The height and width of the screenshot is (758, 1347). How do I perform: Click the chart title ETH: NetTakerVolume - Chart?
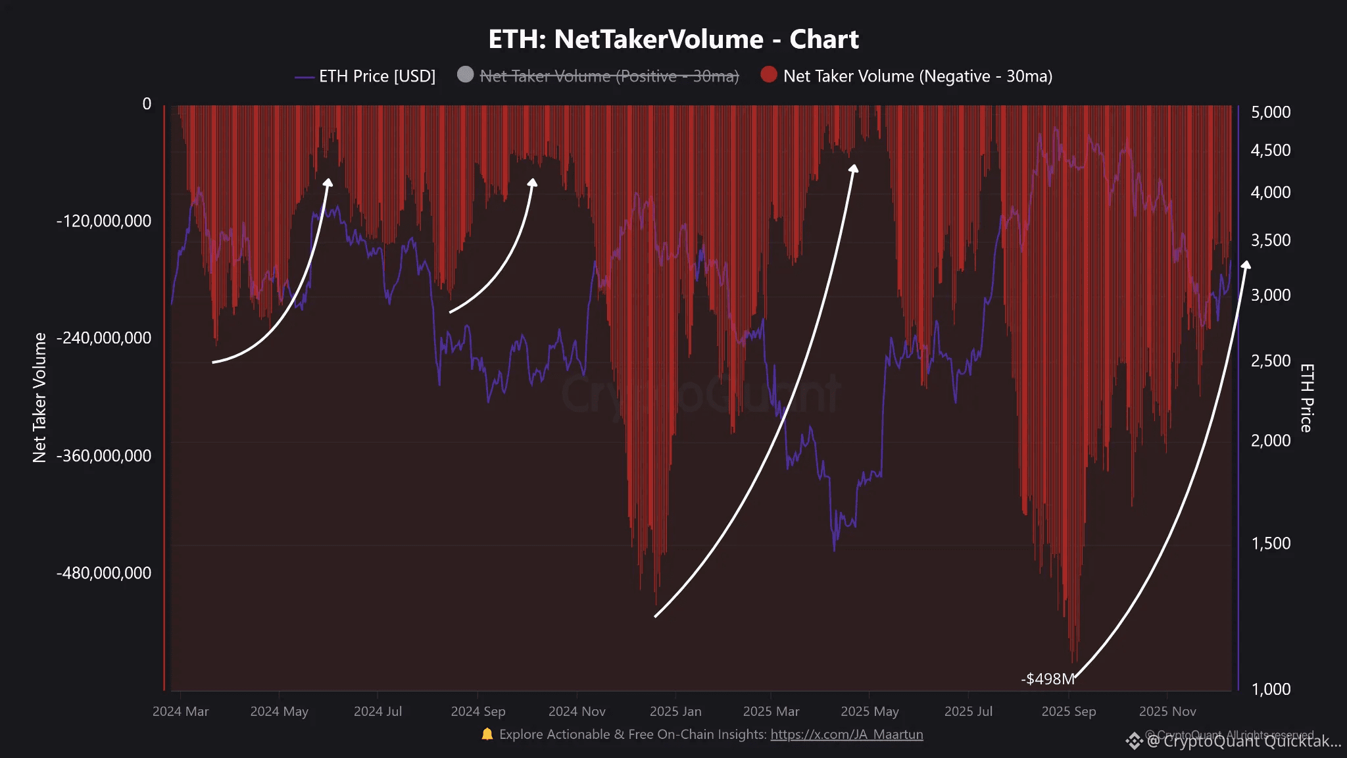tap(673, 39)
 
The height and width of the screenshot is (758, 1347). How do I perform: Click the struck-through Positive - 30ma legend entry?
tap(609, 76)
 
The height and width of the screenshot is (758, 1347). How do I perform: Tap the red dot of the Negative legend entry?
tap(768, 75)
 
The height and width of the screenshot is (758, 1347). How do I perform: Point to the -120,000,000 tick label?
tap(104, 221)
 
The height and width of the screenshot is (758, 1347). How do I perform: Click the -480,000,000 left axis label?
tap(104, 573)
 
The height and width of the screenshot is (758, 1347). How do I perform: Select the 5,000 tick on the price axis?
tap(1271, 113)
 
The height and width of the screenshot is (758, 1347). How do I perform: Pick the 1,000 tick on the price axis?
tap(1271, 689)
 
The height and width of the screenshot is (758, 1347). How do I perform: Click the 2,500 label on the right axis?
tap(1271, 361)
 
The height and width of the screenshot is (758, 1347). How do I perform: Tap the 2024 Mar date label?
tap(180, 711)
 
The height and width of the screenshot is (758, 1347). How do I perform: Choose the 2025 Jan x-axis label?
tap(675, 711)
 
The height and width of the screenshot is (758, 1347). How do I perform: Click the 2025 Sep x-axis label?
tap(1069, 711)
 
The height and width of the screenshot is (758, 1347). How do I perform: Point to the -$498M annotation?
tap(1047, 679)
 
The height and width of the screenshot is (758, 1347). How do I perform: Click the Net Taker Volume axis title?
tap(39, 397)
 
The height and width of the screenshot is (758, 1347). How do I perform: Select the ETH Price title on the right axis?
tap(1306, 397)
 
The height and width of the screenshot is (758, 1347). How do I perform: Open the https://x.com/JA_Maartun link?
tap(846, 734)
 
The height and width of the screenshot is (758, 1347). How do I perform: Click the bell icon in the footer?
tap(487, 734)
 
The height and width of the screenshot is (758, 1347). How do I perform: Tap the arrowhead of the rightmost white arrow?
tap(1245, 265)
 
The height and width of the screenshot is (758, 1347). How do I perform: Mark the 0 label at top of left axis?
tap(147, 104)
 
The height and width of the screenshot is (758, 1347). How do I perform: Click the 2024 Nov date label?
tap(577, 711)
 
